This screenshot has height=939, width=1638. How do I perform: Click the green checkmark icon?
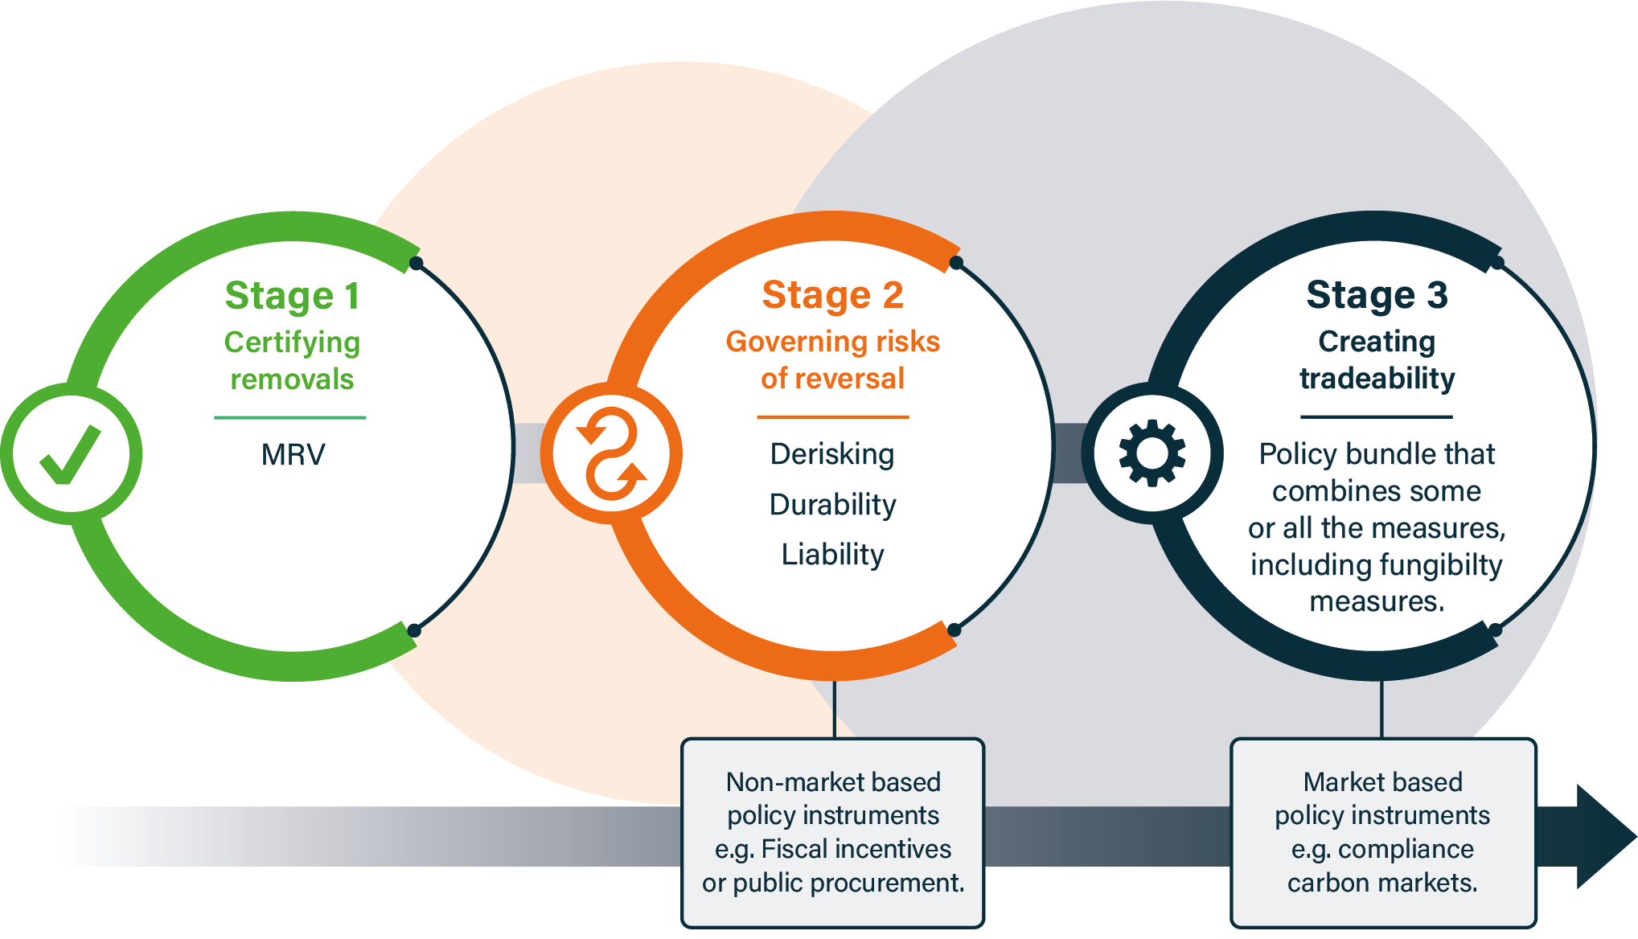pos(71,454)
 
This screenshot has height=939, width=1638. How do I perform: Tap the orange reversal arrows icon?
pos(612,454)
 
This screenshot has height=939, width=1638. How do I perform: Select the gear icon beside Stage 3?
pos(1152,453)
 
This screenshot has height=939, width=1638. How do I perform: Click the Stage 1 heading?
pos(293,296)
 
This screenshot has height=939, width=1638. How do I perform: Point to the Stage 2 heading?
pos(833,295)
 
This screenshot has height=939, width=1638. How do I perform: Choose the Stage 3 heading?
pos(1377,295)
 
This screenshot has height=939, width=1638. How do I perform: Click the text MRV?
pos(293,455)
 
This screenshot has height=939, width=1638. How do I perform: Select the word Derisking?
pos(832,454)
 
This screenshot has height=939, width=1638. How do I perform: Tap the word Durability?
pos(832,505)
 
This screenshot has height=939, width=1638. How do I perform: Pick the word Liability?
pos(832,555)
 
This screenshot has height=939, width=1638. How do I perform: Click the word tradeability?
pos(1377,379)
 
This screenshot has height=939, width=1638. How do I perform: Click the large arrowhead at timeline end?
pos(1600,837)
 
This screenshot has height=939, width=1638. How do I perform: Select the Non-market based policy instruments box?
pos(832,832)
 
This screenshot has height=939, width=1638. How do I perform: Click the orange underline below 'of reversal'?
pos(832,417)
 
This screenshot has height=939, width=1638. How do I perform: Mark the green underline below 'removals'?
pos(290,418)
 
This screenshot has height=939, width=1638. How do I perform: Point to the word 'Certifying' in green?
pos(292,342)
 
